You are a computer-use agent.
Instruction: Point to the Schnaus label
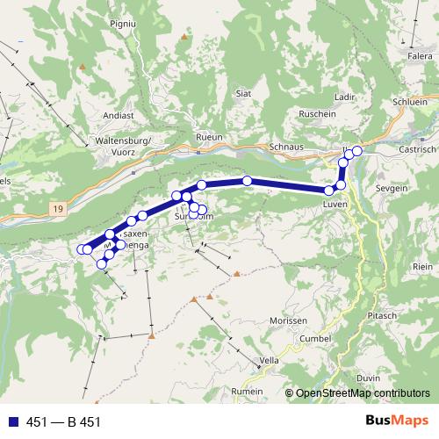(286, 147)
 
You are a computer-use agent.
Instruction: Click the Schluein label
(411, 102)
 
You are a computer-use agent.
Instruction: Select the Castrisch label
(418, 150)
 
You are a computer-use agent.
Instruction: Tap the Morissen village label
(290, 320)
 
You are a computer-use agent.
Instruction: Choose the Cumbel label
(315, 338)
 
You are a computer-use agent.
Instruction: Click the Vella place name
(270, 362)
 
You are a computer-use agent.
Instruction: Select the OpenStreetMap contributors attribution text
(362, 394)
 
